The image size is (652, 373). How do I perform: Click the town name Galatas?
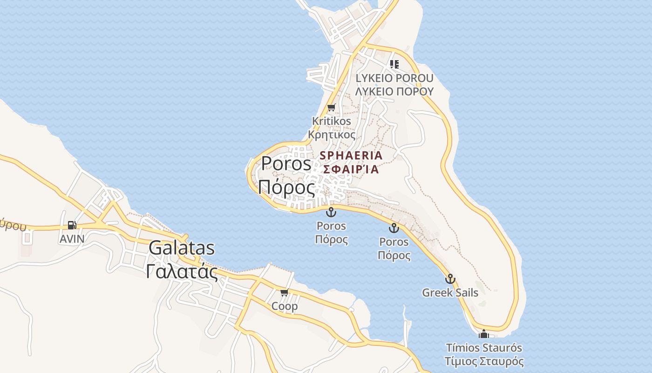coord(182,248)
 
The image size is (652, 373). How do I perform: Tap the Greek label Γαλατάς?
coord(182,271)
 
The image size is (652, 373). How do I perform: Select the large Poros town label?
coord(286,164)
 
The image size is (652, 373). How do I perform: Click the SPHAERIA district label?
coord(351,155)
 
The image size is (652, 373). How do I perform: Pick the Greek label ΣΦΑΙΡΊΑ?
coord(351,169)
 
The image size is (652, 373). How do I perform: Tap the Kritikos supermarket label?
coord(332,121)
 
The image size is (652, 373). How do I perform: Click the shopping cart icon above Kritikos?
coord(331,108)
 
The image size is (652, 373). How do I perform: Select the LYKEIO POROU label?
coord(394,78)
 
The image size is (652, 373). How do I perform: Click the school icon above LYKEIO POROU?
coord(394,64)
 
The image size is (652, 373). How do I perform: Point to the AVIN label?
coord(72,239)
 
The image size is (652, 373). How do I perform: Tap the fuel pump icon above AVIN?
coord(72,225)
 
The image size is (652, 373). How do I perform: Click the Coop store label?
coord(285,306)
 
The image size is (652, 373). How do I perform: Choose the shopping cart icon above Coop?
coord(285,292)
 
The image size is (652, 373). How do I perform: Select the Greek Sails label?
coord(450,293)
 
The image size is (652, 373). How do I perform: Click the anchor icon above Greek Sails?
coord(450,279)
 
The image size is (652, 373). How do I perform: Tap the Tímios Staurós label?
coord(484,348)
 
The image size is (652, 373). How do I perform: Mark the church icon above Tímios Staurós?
coord(484,334)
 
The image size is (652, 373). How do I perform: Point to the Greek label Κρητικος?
coord(332,135)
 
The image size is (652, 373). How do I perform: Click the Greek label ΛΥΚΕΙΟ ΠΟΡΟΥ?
coord(394,91)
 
